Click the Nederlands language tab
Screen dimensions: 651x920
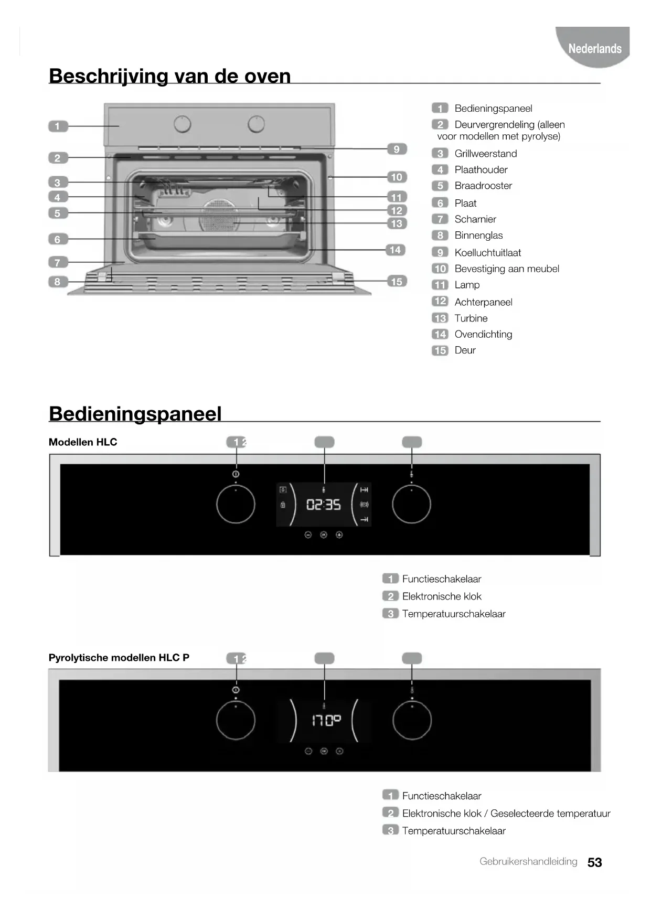(x=594, y=49)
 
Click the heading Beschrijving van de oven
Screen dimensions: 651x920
(x=169, y=76)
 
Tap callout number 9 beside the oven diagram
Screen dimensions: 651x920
(x=397, y=149)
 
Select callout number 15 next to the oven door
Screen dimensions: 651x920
(x=397, y=282)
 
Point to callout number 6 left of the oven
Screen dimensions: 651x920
(x=58, y=239)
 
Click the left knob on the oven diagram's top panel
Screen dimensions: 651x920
(x=183, y=124)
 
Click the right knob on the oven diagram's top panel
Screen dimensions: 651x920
(x=256, y=124)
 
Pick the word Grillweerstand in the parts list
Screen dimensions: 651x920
(x=485, y=154)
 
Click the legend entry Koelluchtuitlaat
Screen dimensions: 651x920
(x=487, y=253)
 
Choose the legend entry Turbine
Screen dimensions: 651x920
(x=471, y=318)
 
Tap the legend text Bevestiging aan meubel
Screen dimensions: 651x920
(x=506, y=269)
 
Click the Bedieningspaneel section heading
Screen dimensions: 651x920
(x=135, y=414)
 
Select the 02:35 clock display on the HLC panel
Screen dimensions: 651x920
(x=323, y=505)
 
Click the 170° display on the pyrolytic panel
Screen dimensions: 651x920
(x=326, y=721)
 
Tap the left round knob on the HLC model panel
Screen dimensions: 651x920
(x=236, y=505)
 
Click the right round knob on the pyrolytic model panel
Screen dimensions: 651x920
(x=412, y=721)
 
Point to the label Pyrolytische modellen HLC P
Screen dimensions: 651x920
(x=119, y=658)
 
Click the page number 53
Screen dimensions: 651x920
(x=594, y=862)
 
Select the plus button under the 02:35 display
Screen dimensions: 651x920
(x=339, y=535)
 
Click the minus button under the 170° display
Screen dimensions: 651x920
(x=308, y=751)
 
